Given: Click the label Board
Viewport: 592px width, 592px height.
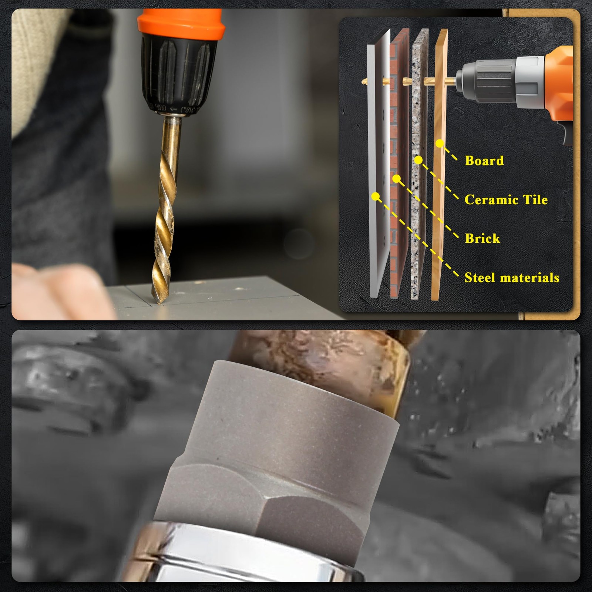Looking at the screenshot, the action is coord(484,161).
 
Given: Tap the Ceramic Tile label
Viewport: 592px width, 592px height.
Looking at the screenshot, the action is coord(506,199).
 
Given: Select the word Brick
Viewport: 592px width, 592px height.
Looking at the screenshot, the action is coord(482,238).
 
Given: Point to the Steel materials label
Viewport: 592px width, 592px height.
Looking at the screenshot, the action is coord(512,277).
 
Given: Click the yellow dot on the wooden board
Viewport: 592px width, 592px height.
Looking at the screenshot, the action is coord(439,143).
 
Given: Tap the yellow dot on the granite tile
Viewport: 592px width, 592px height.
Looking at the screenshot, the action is coord(418,160).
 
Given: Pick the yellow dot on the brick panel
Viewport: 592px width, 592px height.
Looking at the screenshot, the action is coord(397,179).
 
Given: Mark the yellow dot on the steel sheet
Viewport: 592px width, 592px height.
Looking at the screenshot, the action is coord(376,196).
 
